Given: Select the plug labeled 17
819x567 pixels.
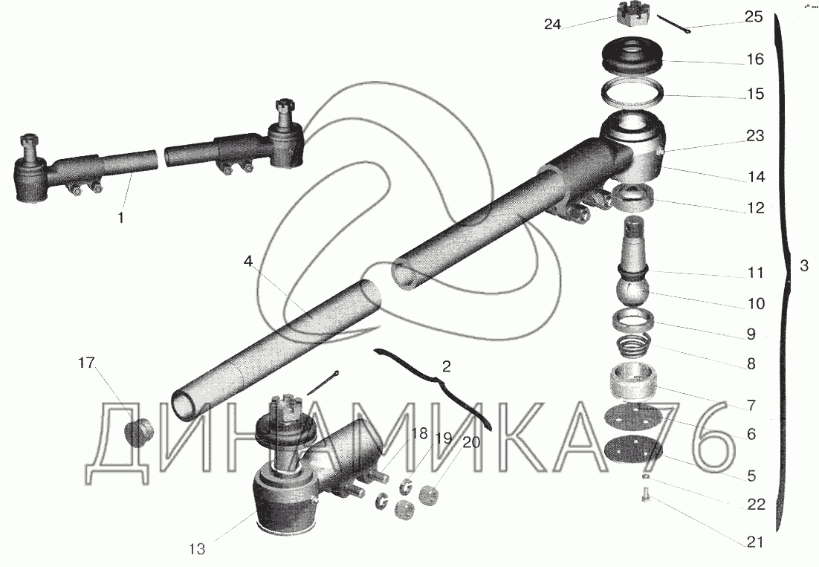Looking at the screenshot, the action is [x=137, y=431].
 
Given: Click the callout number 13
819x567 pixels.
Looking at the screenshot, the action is [x=198, y=548].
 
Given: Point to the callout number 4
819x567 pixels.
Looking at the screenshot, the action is [x=248, y=261].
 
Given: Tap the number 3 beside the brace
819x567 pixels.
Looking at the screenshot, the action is [x=803, y=266].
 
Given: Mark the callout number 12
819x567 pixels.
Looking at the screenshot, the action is [x=756, y=208].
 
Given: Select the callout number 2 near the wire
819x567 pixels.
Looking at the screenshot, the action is [x=445, y=366].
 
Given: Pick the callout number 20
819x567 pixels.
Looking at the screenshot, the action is [x=470, y=443].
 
